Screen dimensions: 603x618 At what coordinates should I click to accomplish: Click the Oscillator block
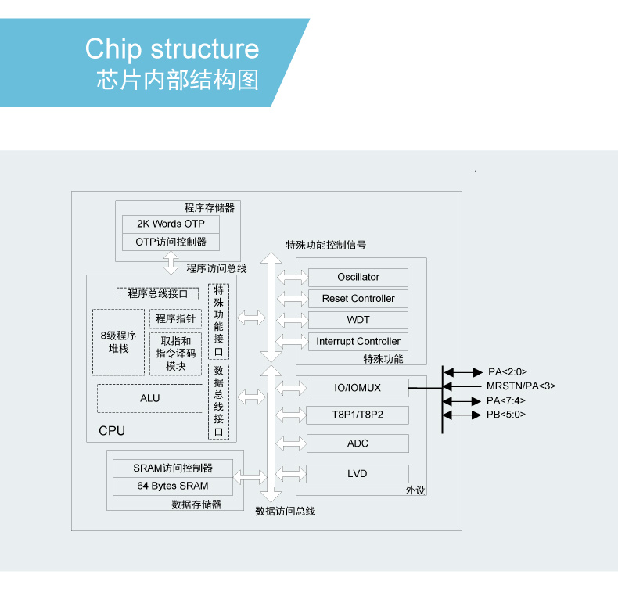[x=358, y=278]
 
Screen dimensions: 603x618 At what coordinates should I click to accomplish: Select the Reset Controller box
[x=358, y=299]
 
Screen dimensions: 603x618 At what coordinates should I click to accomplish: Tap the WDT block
[x=358, y=320]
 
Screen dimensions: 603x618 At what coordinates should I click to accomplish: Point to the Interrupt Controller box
[x=358, y=342]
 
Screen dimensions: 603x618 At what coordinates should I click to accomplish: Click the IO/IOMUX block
[x=358, y=387]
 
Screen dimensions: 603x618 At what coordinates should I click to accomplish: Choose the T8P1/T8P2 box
[x=358, y=414]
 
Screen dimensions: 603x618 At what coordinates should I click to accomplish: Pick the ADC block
[x=358, y=443]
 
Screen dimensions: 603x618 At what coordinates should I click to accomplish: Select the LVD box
[x=358, y=474]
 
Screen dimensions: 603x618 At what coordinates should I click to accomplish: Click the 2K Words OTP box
[x=171, y=224]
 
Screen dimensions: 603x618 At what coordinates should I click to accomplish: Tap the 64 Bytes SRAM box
[x=173, y=486]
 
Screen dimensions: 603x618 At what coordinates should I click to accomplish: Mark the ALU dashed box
[x=150, y=399]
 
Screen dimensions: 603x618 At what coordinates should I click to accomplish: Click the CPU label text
[x=112, y=431]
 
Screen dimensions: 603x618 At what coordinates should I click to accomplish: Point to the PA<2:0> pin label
[x=508, y=372]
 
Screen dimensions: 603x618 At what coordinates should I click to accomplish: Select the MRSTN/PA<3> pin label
[x=521, y=386]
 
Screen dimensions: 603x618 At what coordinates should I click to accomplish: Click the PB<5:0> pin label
[x=506, y=415]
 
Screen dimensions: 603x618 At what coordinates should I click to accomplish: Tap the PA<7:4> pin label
[x=506, y=400]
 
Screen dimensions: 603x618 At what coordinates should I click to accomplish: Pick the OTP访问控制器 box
[x=171, y=242]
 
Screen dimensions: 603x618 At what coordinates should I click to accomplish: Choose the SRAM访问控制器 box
[x=173, y=468]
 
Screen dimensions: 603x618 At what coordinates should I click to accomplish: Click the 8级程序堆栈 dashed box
[x=119, y=343]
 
